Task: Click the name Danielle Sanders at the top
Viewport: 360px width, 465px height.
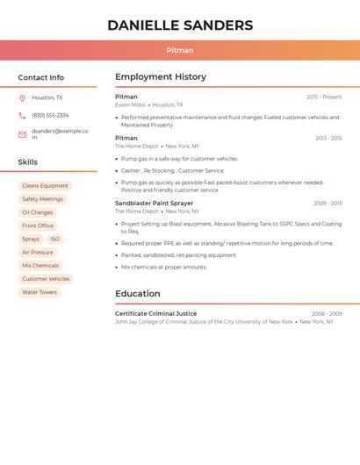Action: [180, 25]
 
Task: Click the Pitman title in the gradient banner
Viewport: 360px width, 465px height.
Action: [180, 50]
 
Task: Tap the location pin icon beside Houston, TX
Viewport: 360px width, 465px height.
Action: [22, 98]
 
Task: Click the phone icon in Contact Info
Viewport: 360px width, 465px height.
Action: [22, 116]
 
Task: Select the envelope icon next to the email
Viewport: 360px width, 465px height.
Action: [22, 134]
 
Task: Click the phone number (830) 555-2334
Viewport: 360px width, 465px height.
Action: [50, 116]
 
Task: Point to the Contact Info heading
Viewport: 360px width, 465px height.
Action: [40, 77]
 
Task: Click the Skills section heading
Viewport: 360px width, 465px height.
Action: [28, 162]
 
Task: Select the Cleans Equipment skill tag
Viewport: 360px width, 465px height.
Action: [45, 186]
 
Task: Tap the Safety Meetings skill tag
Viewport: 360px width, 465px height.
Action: [42, 199]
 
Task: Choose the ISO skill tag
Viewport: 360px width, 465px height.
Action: [54, 240]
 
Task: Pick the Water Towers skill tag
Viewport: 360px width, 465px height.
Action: [40, 292]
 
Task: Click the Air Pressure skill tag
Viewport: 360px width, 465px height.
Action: [37, 253]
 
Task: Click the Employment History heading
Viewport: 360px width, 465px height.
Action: [161, 77]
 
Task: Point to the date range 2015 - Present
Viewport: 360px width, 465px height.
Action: [324, 97]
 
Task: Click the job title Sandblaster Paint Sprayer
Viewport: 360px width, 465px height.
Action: [154, 204]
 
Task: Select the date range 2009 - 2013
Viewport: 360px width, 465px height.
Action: [327, 204]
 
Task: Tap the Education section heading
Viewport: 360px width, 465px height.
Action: [138, 294]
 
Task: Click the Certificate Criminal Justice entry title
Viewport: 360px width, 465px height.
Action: [155, 313]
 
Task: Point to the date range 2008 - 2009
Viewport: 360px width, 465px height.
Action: [326, 313]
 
